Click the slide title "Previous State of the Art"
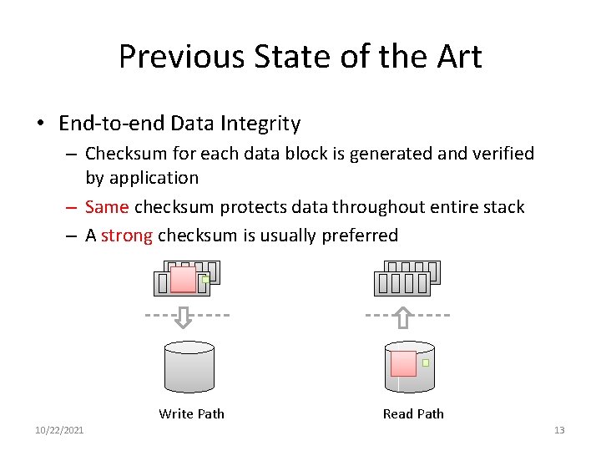[x=300, y=57]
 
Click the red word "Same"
[x=107, y=206]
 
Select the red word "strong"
[x=127, y=235]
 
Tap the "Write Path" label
[x=191, y=413]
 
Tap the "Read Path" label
[x=413, y=413]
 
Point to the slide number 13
[x=559, y=430]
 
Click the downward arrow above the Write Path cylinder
[x=185, y=317]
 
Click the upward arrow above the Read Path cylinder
[x=403, y=317]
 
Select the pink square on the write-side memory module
[x=183, y=279]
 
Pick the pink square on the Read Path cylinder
[x=403, y=363]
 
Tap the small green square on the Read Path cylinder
[x=426, y=362]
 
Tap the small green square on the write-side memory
[x=205, y=280]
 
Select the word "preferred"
[x=356, y=235]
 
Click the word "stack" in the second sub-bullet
[x=503, y=206]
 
